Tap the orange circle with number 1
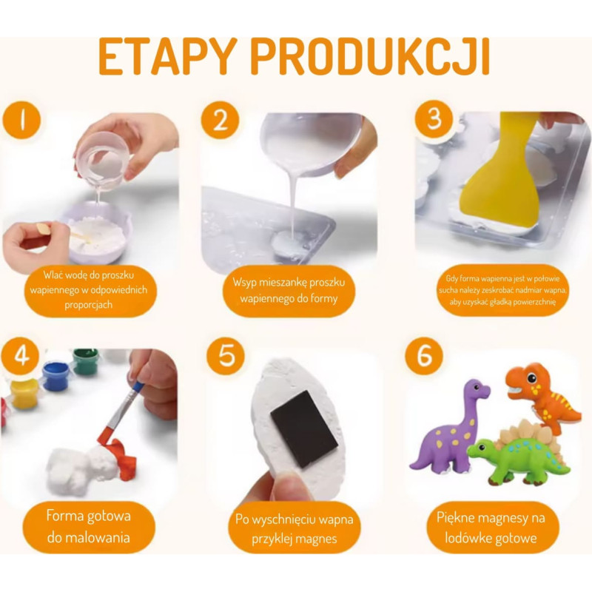pos(21,120)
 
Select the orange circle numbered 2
pos(220,120)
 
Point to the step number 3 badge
pos(434,118)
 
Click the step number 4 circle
pos(20,356)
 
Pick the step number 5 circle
pos(226,356)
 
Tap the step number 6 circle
pos(424,356)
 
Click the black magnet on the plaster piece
pos(304,429)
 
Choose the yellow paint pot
pos(24,394)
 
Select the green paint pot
pos(86,361)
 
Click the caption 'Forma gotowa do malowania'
pos(89,527)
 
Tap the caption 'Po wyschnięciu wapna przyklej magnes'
pos(295,528)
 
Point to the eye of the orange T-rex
pos(531,377)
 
